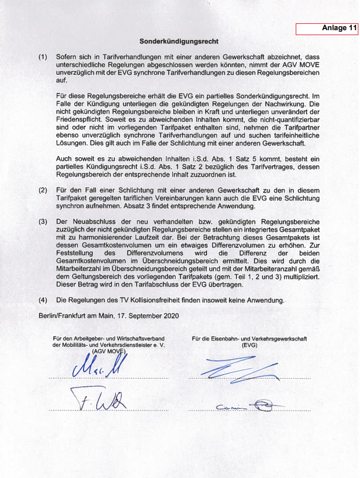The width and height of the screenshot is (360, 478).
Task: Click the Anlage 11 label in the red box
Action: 339,28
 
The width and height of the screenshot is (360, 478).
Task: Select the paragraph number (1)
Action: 43,57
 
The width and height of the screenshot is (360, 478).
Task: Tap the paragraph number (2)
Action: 43,190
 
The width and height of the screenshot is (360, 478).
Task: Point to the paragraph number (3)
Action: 43,222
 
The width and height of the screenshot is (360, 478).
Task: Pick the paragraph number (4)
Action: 43,300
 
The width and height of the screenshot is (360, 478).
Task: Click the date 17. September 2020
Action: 147,316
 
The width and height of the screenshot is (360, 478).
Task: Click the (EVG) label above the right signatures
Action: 249,345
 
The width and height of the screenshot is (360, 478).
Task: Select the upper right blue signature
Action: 238,367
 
